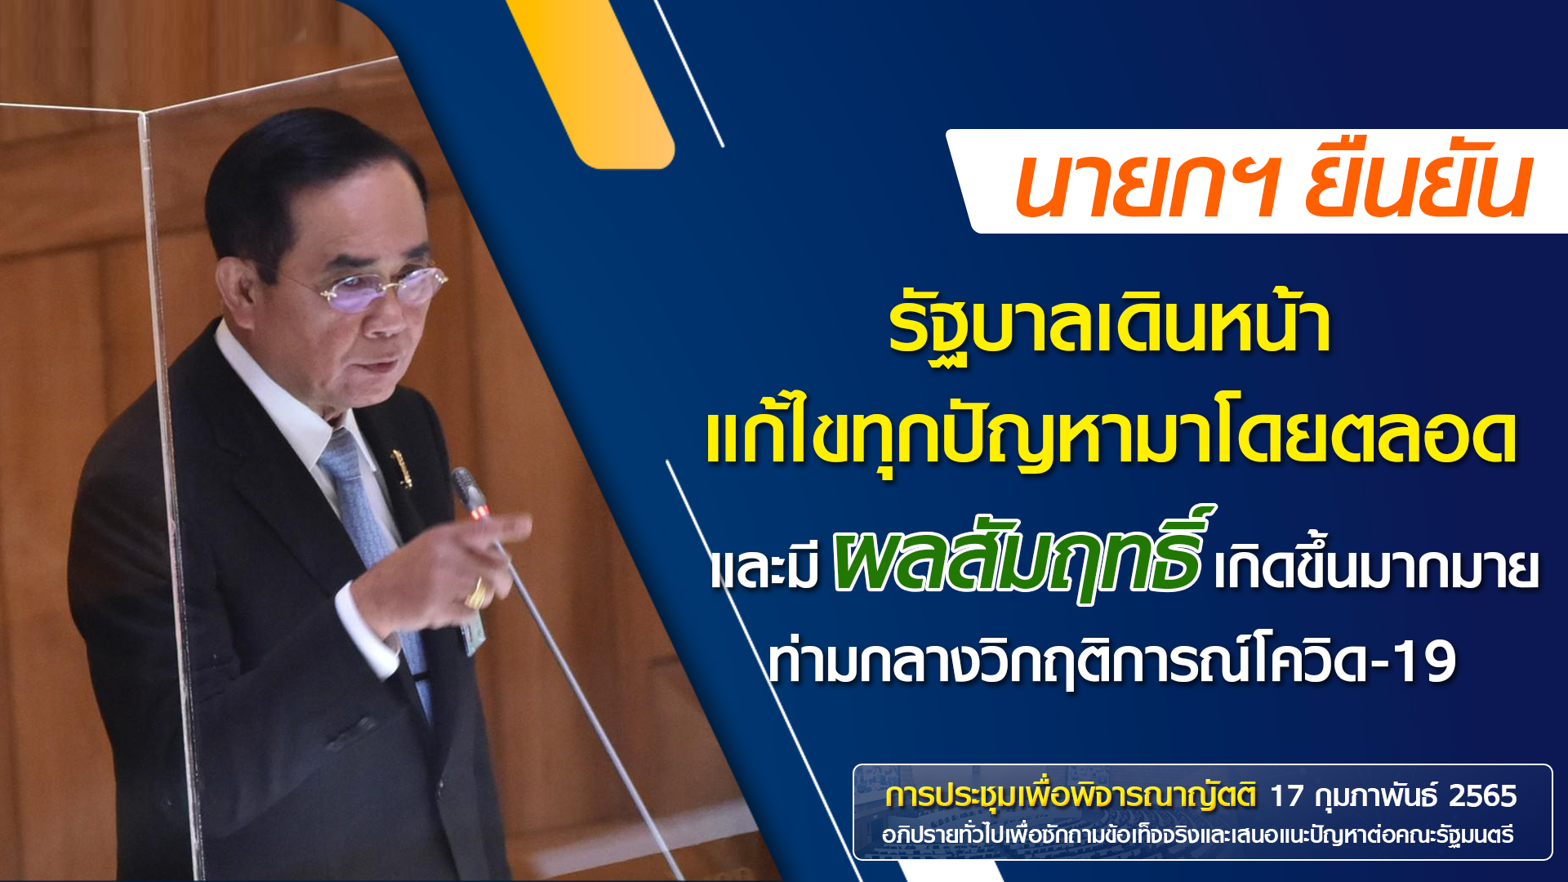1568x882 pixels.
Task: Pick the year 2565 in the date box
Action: point(1483,795)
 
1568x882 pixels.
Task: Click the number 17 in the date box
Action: point(1287,795)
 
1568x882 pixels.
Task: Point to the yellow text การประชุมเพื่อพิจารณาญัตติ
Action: point(1071,795)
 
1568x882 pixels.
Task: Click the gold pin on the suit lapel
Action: point(401,467)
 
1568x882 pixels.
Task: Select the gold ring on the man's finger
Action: point(476,595)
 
